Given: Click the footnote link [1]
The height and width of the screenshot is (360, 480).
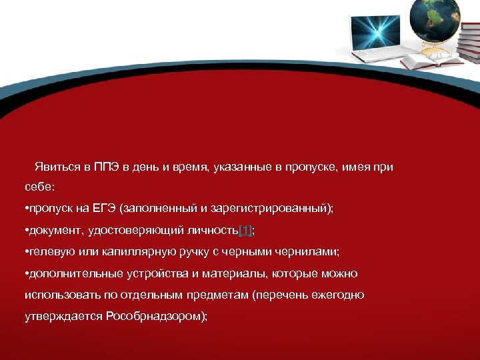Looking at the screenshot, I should pyautogui.click(x=245, y=230).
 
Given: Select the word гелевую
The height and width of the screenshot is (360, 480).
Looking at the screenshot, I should pyautogui.click(x=47, y=251).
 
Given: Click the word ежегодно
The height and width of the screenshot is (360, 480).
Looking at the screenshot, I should pyautogui.click(x=337, y=295).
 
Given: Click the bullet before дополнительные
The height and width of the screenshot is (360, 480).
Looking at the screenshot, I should pyautogui.click(x=25, y=273).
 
